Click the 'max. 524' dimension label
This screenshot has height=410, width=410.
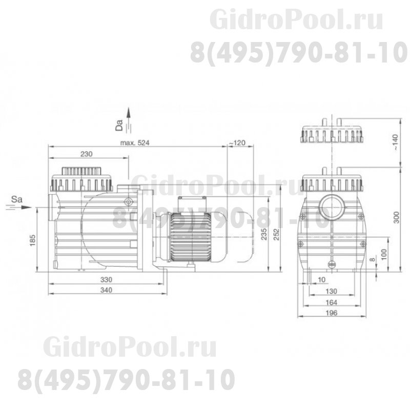coord(134,143)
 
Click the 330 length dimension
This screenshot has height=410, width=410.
coord(106,280)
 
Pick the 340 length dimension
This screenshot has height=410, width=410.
coord(106,290)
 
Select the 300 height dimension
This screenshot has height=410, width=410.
coord(395,218)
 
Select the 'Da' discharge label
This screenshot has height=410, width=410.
coord(119,125)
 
